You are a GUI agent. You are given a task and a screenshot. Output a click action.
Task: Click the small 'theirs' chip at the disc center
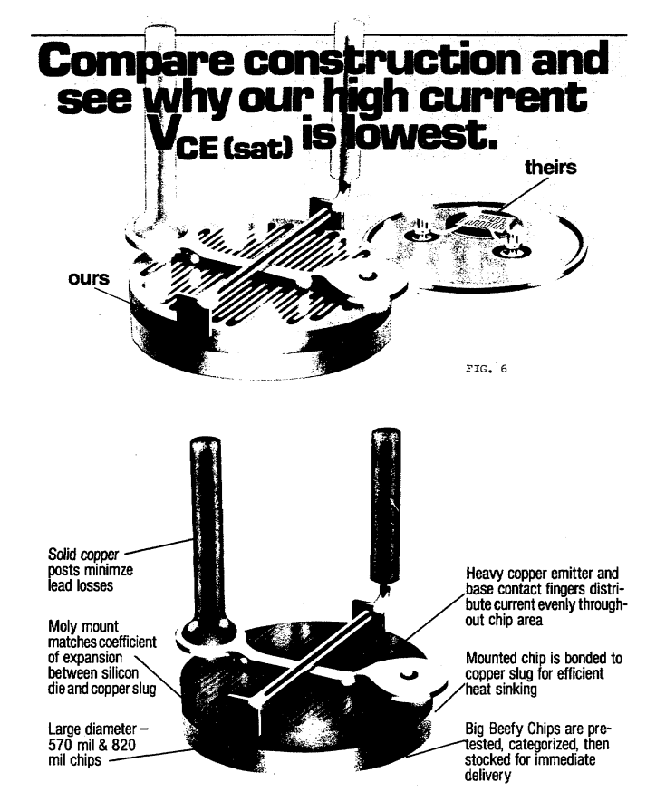[x=478, y=221]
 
